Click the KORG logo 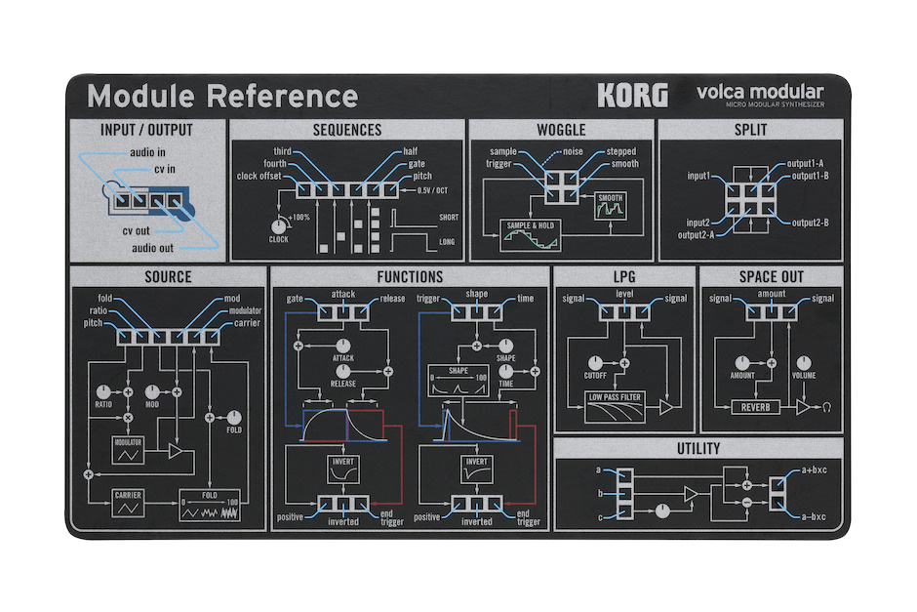click(632, 96)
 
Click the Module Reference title click(221, 97)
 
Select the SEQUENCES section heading click(347, 130)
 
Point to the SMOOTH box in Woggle click(610, 204)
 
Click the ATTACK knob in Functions click(343, 347)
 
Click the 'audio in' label click(147, 152)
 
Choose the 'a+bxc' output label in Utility click(816, 469)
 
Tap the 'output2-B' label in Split click(811, 223)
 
